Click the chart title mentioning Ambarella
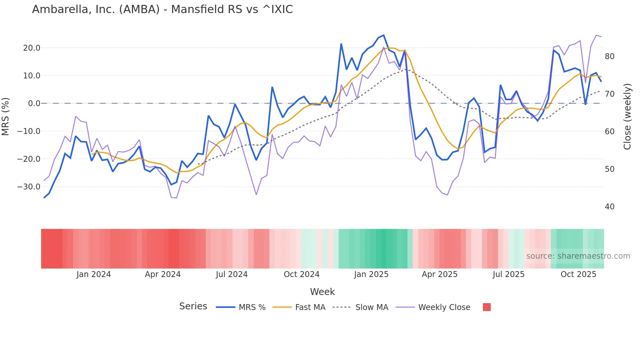point(162,9)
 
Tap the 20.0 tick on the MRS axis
point(32,48)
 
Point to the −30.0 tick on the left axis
point(29,187)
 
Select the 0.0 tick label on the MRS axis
point(34,104)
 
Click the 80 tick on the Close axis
point(609,57)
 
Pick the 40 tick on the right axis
point(609,207)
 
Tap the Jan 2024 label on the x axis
point(94,274)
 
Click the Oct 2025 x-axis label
point(578,274)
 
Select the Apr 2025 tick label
point(440,274)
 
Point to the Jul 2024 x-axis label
point(232,274)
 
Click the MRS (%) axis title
point(6,117)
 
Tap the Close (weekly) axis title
point(627,117)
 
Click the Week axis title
point(322,292)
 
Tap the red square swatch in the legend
point(487,307)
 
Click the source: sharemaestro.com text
point(578,256)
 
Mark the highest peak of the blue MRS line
point(384,35)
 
